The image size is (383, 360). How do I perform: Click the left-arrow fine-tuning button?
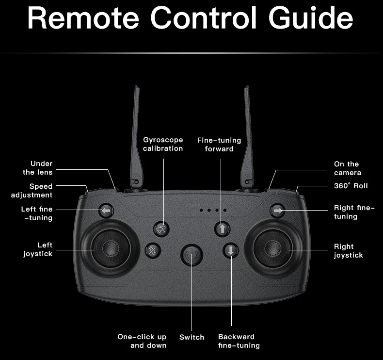coord(107,211)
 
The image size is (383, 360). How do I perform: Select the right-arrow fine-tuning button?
coord(277,211)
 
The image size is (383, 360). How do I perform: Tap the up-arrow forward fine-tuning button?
coord(222,229)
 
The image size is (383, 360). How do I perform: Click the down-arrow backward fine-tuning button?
coord(231,251)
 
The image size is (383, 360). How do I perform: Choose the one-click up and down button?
coord(153,251)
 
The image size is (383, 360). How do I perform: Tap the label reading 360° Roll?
coord(351,186)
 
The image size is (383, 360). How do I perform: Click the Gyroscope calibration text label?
coord(163,144)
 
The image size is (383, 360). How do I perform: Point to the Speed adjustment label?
coord(32,191)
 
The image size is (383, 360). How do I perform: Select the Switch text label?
coord(191,337)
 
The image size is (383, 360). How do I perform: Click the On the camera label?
coord(347,168)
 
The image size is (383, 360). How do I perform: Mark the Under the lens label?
coord(38,168)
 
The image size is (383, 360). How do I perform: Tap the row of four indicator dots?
coord(213,211)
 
